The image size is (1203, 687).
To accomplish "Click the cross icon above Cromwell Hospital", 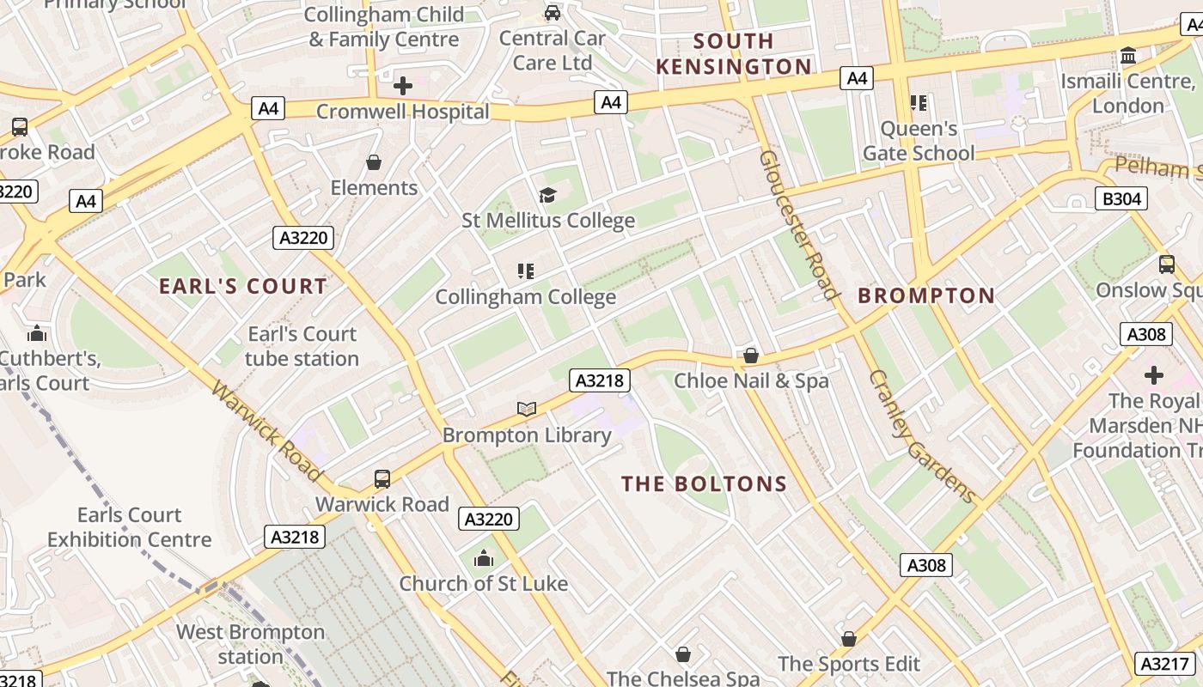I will point(403,86).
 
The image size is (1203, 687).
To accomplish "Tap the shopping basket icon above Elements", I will point(374,161).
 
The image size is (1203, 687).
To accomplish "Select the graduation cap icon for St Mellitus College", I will point(547,196).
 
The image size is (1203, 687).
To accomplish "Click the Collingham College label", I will point(525,297).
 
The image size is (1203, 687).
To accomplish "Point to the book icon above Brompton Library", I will point(527,410).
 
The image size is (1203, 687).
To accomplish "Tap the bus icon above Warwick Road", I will point(382,479).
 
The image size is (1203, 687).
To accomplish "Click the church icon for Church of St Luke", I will point(484,559).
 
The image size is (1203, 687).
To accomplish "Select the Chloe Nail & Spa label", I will point(751,380).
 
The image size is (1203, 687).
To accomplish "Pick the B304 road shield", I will point(1121,199).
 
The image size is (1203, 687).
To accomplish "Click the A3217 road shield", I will point(1165,663).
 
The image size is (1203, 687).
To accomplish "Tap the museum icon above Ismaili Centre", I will point(1128,57).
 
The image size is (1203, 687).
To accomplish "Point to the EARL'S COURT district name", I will point(243,287).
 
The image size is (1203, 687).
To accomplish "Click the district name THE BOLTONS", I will point(704,484).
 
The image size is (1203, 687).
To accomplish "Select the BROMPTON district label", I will point(926,296).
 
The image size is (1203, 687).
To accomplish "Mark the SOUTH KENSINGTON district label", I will point(734,53).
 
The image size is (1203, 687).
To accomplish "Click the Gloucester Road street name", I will point(798,225).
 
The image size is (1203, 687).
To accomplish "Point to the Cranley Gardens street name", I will point(922,436).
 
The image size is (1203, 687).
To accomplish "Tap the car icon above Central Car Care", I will point(553,13).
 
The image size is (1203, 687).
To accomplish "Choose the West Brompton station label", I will point(250,644).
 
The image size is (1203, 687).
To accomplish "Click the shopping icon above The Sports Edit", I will point(849,639).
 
